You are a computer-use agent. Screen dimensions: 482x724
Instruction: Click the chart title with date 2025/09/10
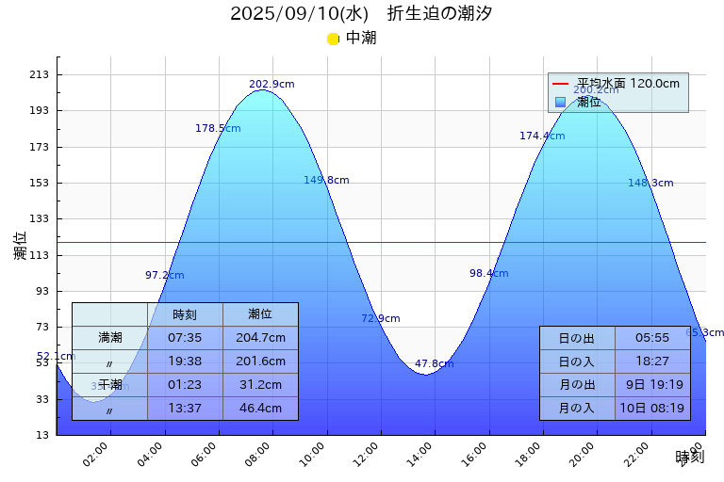point(361,13)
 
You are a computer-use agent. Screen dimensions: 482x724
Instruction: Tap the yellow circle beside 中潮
point(333,39)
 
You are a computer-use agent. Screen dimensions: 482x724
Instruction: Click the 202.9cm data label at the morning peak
point(271,84)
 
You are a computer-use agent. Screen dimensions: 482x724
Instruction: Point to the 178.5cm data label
point(218,128)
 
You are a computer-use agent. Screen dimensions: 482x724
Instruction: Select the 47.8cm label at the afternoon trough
point(434,363)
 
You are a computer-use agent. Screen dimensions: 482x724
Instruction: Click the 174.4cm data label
point(542,136)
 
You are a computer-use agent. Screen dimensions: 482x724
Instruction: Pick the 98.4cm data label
point(488,273)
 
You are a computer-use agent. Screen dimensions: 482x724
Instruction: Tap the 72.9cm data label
point(380,318)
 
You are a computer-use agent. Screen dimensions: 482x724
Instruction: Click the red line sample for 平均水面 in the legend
point(560,84)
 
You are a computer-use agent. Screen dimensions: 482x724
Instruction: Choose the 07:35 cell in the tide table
point(185,337)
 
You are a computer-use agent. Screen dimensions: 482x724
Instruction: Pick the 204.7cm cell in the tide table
point(260,337)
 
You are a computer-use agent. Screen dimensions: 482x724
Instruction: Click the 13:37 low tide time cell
point(185,409)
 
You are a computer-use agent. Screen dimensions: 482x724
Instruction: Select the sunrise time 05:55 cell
point(652,337)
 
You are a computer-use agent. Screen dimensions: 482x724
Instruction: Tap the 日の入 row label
point(576,361)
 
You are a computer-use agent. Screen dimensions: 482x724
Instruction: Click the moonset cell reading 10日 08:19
point(652,408)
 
